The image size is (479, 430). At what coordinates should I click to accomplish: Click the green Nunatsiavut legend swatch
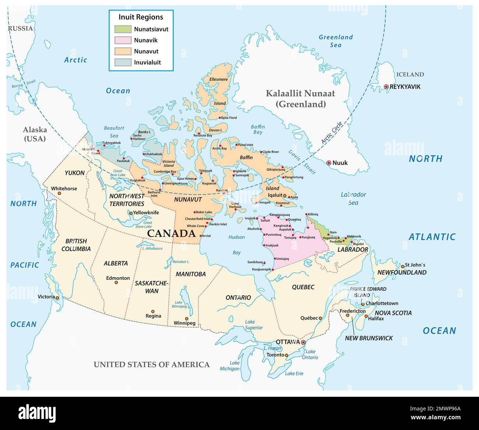[122, 29]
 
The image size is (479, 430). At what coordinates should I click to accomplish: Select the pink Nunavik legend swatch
[122, 40]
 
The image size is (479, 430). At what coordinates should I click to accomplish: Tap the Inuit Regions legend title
[141, 17]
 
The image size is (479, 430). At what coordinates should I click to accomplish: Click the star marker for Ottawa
[303, 343]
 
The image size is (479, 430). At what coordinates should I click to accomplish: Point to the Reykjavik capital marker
[386, 87]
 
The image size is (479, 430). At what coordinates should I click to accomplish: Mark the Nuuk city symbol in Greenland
[329, 163]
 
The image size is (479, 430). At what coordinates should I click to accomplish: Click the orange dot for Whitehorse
[59, 193]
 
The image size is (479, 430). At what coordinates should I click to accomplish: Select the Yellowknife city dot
[130, 213]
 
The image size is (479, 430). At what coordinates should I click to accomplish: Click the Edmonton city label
[118, 278]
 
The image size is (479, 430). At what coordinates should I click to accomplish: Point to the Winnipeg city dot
[187, 319]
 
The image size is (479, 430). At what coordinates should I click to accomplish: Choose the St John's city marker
[402, 265]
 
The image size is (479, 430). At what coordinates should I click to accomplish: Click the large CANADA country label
[171, 233]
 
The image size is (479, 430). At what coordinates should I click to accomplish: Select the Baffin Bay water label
[258, 129]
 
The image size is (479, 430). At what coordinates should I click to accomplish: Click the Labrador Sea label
[353, 198]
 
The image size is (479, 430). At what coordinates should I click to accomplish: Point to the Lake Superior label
[254, 325]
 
